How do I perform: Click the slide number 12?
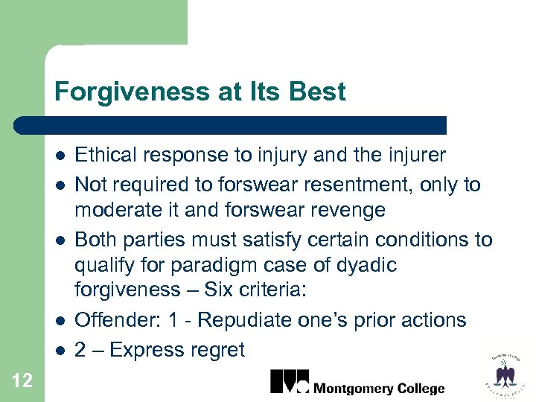22,381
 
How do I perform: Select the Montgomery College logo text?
379,388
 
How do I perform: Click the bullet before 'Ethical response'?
60,156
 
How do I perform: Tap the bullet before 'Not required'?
60,184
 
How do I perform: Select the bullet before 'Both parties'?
60,240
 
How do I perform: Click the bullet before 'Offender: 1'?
60,321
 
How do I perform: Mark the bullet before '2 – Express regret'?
60,350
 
